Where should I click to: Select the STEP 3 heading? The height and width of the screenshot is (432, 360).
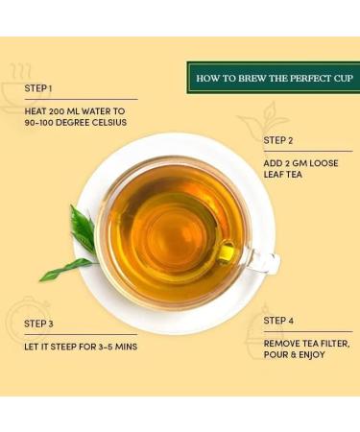[x=39, y=324]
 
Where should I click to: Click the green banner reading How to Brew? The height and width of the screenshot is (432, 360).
[x=272, y=77]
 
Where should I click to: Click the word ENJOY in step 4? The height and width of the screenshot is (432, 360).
[x=311, y=355]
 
